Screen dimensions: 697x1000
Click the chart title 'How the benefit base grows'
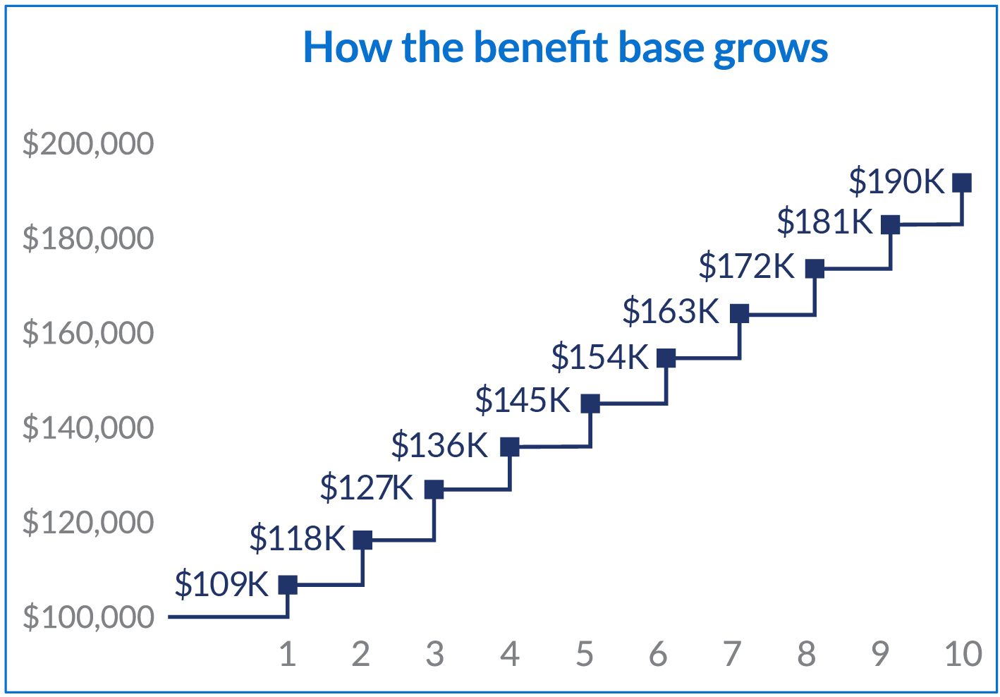pos(566,48)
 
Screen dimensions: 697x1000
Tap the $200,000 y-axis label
pos(88,143)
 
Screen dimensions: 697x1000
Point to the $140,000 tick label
pos(88,428)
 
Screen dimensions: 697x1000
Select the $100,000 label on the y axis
pos(88,617)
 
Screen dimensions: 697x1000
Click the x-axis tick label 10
pos(963,655)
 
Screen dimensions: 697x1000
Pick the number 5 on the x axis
pos(584,655)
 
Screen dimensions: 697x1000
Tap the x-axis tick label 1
pos(287,655)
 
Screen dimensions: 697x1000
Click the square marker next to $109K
pos(288,585)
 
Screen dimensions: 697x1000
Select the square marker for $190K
pos(962,183)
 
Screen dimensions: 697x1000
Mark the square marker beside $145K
pos(590,404)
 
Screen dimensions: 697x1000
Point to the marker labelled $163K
pos(739,313)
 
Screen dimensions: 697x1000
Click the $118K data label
pos(298,539)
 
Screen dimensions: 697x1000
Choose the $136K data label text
pos(439,445)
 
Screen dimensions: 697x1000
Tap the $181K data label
pos(825,222)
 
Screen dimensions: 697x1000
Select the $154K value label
pos(599,357)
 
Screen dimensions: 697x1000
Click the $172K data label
pos(747,267)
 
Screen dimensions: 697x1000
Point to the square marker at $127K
pos(434,489)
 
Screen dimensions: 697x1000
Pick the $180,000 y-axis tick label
pos(88,238)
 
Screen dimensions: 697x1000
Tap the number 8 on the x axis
pos(806,655)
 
